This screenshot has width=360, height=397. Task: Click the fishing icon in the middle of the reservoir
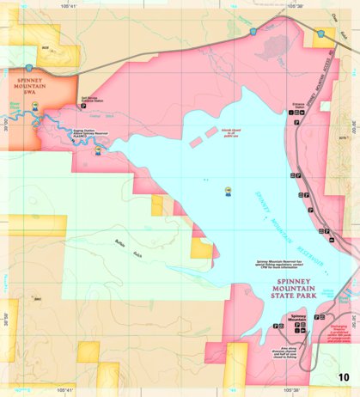point(227,191)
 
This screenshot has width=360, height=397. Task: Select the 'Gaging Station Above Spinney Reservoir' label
point(91,134)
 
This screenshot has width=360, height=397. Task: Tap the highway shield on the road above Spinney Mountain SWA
point(29,67)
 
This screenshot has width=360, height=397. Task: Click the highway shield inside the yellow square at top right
point(320,33)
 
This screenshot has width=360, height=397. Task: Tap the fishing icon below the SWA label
point(34,107)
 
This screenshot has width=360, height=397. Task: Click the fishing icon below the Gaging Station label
point(98,151)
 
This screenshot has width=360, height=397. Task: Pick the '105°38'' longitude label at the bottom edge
point(294,391)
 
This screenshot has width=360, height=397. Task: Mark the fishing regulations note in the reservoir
point(281,262)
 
